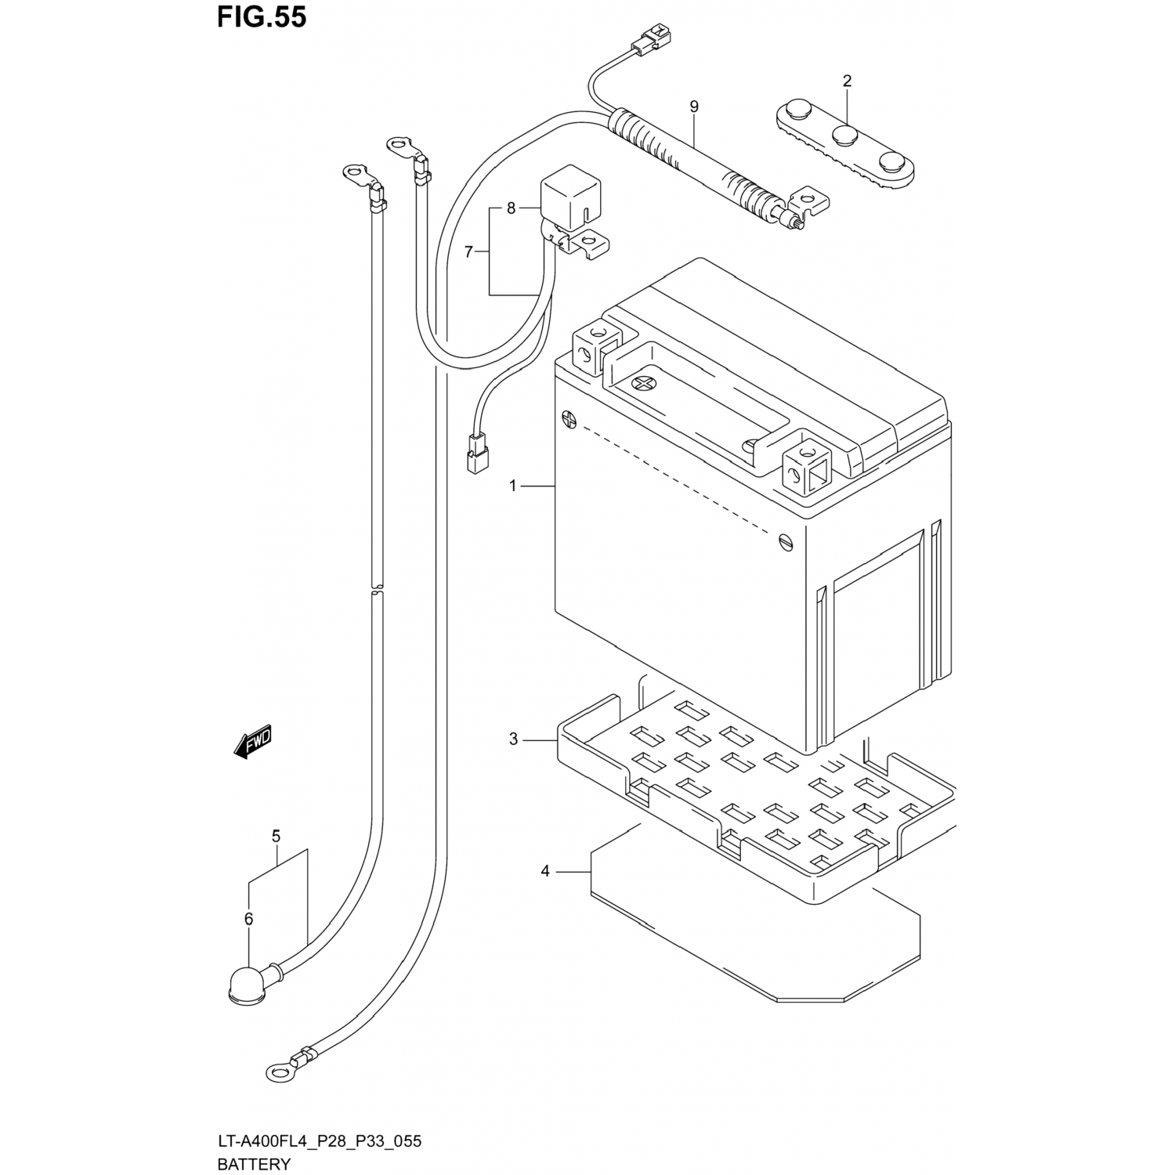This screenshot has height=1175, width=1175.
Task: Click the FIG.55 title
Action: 262,16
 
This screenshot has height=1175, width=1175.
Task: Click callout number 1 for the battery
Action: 513,486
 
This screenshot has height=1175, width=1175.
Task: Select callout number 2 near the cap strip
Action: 847,81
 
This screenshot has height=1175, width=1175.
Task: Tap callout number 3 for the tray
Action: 513,739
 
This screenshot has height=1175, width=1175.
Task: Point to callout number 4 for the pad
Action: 546,871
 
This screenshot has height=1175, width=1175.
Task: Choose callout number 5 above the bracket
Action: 276,837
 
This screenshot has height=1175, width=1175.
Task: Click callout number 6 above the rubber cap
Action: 248,919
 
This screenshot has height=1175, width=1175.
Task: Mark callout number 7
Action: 468,251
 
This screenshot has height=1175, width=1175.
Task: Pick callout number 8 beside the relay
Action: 511,208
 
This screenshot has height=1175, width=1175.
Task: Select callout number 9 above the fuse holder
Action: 694,107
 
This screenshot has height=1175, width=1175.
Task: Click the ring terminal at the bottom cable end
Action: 278,1071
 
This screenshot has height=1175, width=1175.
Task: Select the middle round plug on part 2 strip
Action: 844,134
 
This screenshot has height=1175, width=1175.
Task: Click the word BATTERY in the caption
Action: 254,1164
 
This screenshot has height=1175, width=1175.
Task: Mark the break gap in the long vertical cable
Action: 377,589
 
